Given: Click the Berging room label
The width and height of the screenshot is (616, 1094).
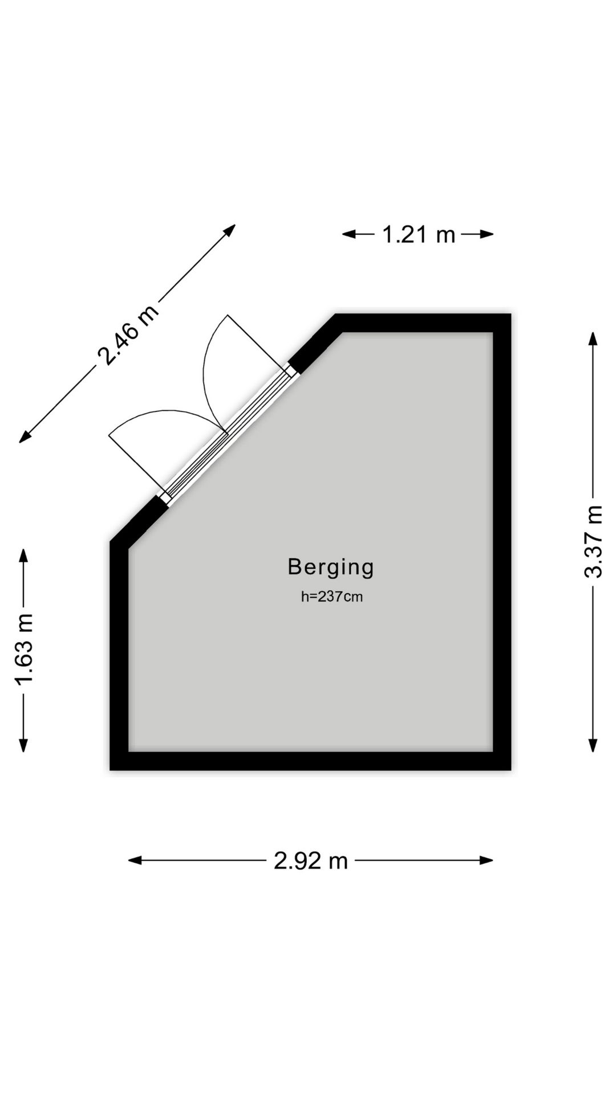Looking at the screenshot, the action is click(331, 568).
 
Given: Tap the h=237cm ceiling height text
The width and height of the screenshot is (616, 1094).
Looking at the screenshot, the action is click(332, 597).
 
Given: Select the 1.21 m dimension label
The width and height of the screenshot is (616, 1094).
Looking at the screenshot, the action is click(419, 234).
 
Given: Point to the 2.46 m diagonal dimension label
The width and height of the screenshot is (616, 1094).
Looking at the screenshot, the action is click(128, 335).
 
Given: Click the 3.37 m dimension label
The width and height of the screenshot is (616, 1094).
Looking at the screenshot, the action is click(594, 541).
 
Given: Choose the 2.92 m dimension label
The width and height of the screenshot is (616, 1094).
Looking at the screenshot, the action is click(311, 860).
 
